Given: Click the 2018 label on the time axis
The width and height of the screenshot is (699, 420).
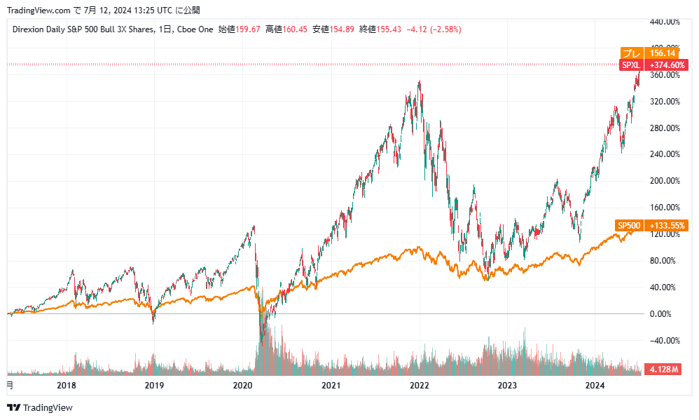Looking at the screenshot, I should tap(66, 385).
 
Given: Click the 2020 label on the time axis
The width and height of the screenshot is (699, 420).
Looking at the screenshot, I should tap(242, 385).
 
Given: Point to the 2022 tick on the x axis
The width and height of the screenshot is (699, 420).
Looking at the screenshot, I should tap(419, 385).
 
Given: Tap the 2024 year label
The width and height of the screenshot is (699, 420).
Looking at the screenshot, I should tap(595, 385).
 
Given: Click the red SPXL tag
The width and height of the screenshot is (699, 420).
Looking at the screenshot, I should tap(631, 65).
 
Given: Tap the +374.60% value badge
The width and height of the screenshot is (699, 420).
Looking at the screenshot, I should tap(667, 65).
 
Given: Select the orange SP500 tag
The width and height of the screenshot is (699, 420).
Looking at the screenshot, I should tap(628, 226).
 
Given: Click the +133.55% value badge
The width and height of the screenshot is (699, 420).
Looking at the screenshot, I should tap(667, 226).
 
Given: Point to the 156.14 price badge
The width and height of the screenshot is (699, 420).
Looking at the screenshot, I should tap(662, 53).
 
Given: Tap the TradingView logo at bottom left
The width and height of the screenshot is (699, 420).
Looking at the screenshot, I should tap(40, 407).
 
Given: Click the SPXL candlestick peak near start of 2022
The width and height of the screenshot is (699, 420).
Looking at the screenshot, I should tap(419, 83).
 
